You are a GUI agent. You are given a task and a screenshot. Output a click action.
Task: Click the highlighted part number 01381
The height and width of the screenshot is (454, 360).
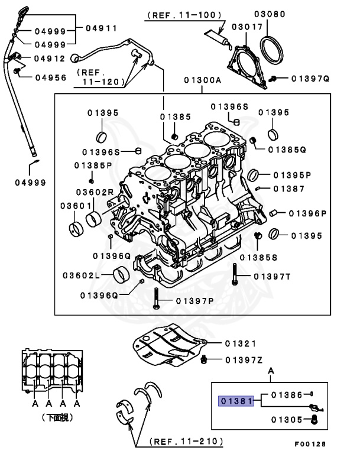(235, 401)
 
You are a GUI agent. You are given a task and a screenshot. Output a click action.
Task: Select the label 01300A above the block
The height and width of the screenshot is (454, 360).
(203, 79)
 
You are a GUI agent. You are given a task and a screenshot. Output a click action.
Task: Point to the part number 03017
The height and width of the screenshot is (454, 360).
(244, 27)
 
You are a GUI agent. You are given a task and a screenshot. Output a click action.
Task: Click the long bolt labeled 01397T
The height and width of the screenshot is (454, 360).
(235, 276)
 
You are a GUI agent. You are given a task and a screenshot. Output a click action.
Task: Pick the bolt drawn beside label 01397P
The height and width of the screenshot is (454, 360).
(155, 300)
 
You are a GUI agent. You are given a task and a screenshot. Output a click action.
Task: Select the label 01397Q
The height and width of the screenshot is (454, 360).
(309, 78)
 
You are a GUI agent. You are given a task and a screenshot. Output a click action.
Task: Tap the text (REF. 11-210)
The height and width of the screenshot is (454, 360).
(186, 441)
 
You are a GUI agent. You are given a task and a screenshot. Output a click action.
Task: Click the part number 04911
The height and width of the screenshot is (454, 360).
(101, 28)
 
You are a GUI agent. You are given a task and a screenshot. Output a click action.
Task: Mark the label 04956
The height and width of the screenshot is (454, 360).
(50, 77)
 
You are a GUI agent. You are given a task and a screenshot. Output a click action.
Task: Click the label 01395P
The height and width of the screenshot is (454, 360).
(292, 175)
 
